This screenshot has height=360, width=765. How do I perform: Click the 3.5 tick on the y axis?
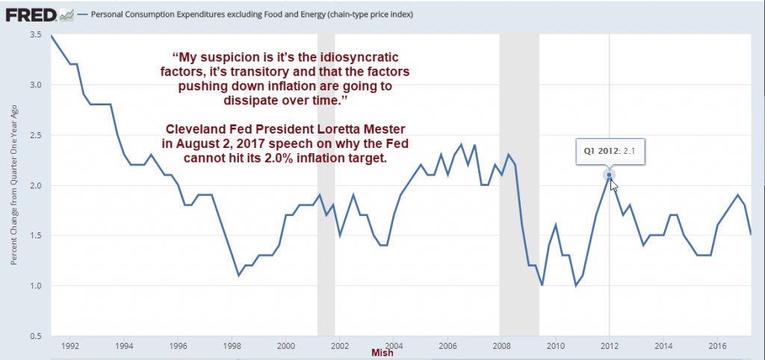coord(35,35)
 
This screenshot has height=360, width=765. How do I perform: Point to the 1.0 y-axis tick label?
coord(35,285)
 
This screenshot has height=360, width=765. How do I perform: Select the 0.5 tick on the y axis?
coord(35,335)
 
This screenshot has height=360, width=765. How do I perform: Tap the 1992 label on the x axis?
coord(70,346)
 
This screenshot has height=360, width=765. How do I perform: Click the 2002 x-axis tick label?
coord(339,346)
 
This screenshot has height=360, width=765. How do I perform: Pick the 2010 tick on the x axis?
coord(555,346)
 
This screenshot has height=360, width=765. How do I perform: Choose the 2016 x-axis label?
coord(716,346)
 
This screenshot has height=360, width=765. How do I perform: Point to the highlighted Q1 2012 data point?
coord(610,176)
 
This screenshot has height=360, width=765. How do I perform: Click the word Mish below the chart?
coord(382,353)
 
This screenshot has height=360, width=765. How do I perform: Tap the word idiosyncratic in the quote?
coord(353,58)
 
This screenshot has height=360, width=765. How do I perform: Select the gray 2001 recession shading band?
coord(326,187)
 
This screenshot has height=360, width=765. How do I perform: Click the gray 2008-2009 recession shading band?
coord(519,187)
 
